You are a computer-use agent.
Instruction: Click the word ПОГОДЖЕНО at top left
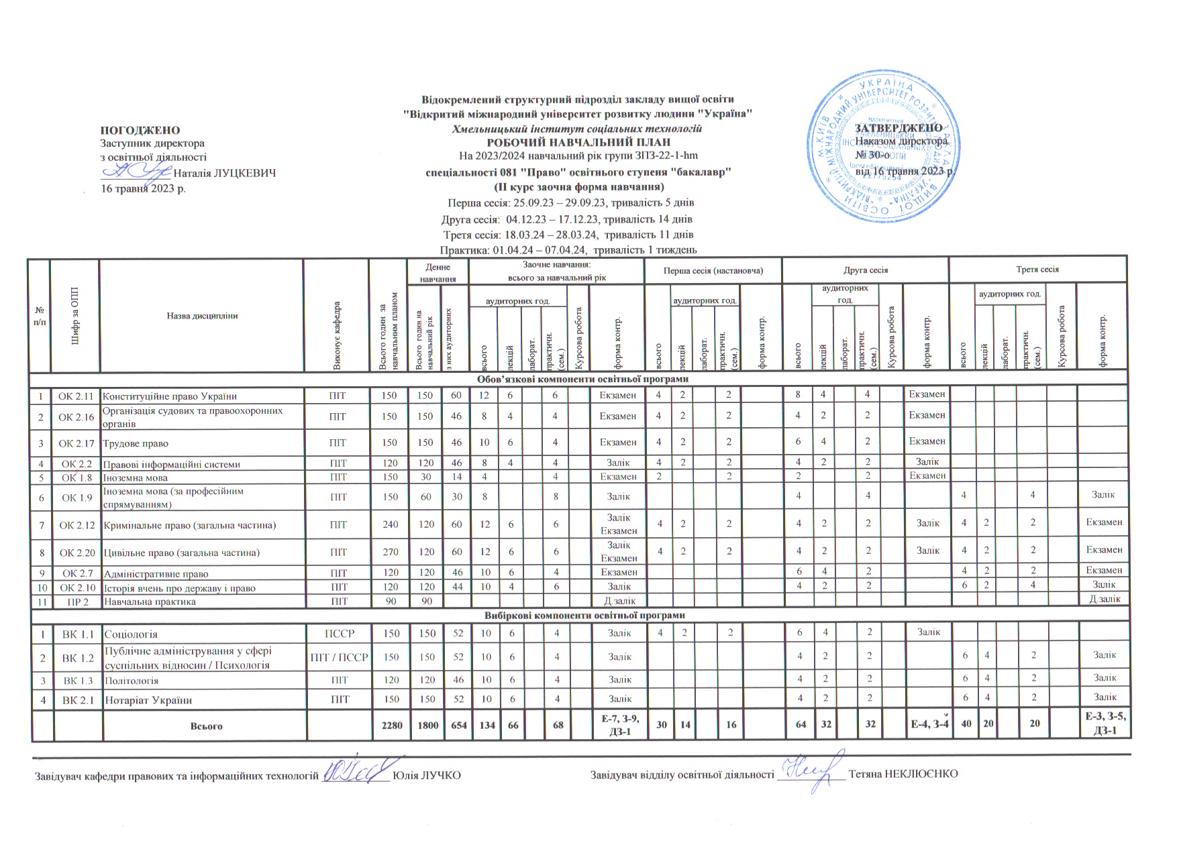(140, 130)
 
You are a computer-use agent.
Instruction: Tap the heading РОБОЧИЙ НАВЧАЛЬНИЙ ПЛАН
(578, 142)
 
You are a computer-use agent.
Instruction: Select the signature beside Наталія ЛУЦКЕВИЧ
(138, 172)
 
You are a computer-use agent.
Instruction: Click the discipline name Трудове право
(136, 443)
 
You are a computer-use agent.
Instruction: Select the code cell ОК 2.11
(76, 396)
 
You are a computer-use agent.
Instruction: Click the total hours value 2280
(389, 726)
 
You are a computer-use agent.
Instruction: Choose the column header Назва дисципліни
(202, 316)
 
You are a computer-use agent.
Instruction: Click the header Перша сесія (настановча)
(713, 270)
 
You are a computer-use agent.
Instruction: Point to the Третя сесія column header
(1037, 270)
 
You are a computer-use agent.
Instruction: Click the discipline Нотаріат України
(148, 700)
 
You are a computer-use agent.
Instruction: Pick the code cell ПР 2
(76, 602)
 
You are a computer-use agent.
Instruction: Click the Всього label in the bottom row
(206, 726)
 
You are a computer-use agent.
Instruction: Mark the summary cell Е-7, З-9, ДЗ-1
(617, 726)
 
